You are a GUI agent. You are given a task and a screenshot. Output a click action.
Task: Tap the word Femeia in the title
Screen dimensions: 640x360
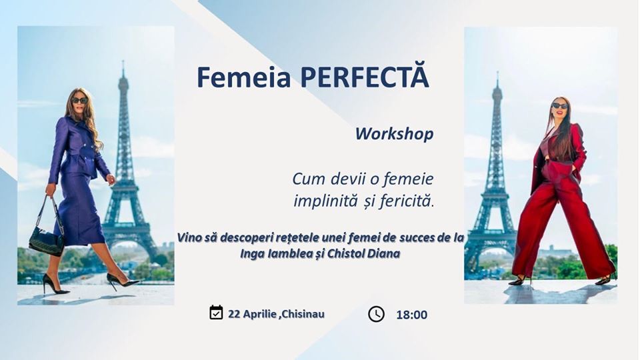pyautogui.click(x=244, y=77)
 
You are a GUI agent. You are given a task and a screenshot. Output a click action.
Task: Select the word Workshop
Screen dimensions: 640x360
pyautogui.click(x=394, y=134)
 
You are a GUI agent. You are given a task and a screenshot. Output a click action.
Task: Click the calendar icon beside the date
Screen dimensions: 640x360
pyautogui.click(x=216, y=312)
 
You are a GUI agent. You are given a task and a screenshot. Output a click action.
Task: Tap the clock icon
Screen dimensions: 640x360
pyautogui.click(x=376, y=314)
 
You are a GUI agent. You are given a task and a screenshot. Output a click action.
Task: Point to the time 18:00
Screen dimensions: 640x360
pyautogui.click(x=411, y=315)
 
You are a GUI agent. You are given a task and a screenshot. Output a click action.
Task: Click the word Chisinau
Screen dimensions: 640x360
pyautogui.click(x=303, y=314)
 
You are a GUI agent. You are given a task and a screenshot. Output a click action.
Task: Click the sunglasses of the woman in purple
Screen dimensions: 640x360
pyautogui.click(x=80, y=100)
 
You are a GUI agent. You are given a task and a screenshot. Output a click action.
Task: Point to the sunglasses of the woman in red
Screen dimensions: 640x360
pyautogui.click(x=559, y=106)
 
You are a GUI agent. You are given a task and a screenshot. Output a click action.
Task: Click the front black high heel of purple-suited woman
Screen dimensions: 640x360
pyautogui.click(x=123, y=281)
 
